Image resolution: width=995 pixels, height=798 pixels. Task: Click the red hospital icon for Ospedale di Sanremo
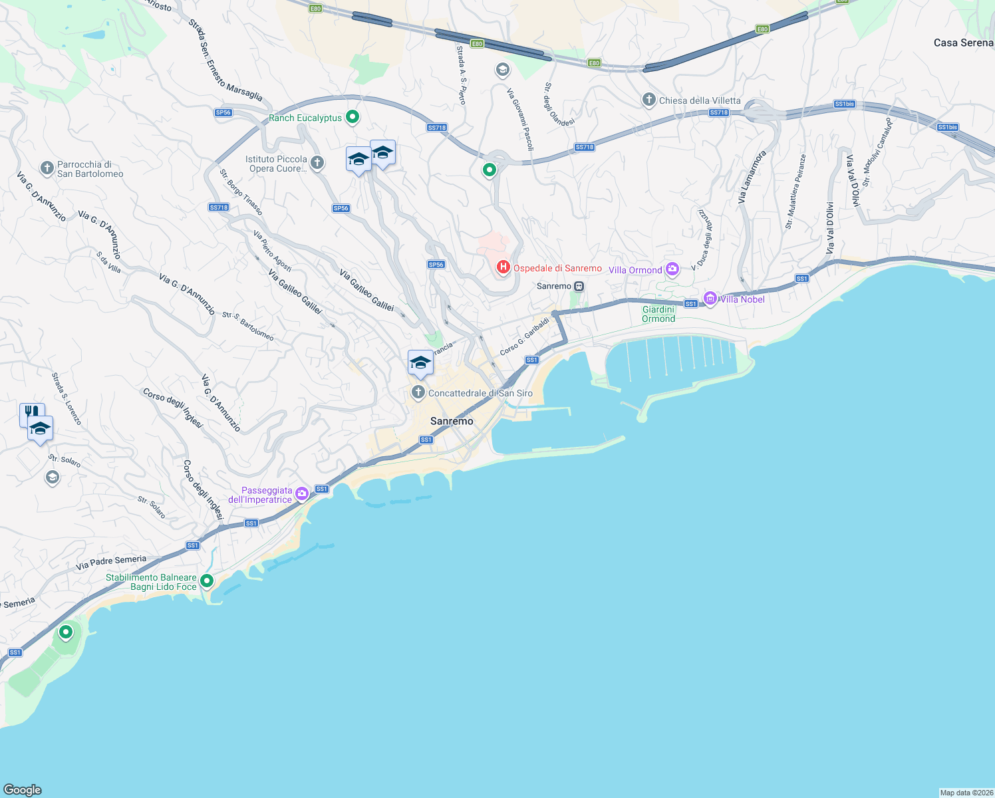503,267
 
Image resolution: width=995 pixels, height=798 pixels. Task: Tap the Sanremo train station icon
579,287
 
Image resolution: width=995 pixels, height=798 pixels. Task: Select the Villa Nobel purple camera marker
710,299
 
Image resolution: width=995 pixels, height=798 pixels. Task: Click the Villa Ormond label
635,270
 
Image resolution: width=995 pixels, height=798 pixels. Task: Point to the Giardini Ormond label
658,314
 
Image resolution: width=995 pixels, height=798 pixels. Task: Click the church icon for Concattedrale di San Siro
418,392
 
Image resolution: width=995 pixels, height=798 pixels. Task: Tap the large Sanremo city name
452,421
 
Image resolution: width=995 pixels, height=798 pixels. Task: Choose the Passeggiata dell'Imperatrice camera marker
302,493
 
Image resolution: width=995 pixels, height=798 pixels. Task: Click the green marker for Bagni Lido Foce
207,581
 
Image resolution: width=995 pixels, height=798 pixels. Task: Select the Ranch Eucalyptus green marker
353,117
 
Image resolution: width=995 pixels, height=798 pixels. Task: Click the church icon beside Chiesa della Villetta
649,100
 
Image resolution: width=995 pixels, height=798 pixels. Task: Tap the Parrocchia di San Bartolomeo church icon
47,168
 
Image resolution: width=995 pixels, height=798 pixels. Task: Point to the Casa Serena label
963,43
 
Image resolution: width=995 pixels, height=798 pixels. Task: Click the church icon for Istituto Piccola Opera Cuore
318,162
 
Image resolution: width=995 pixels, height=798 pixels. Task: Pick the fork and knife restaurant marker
31,412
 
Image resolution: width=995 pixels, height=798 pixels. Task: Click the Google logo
23,790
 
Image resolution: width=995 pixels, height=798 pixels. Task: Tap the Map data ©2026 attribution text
966,793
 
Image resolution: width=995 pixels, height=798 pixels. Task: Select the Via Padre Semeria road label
111,563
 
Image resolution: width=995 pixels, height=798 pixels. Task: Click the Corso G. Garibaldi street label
525,336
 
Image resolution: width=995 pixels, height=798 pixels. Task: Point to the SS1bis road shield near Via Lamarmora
845,104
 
